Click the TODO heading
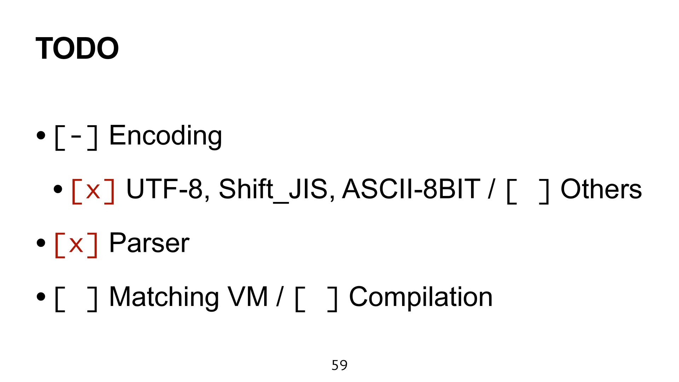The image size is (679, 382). coord(77,48)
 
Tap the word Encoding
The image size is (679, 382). coord(166,136)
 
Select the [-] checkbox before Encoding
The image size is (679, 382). coord(76,137)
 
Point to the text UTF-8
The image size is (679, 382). coord(164,189)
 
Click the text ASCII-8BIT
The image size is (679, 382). coord(411,189)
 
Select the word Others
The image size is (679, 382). coord(601,189)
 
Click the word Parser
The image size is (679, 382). coord(149,243)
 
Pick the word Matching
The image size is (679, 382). coord(164,297)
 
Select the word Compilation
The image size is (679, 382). coord(420,297)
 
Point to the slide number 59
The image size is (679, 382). coord(339,365)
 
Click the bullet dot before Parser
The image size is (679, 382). coord(41,243)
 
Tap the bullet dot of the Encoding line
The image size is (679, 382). coord(41,135)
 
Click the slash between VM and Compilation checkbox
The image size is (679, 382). coord(280,297)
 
